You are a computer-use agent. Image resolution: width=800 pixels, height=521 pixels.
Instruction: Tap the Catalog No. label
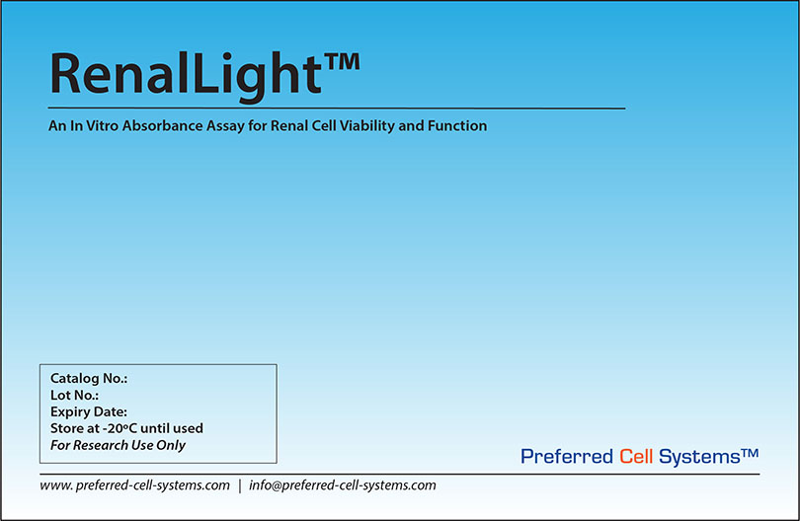89,378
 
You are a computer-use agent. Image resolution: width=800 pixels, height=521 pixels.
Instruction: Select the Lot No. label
74,395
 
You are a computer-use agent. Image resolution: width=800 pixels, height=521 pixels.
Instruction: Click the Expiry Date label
89,411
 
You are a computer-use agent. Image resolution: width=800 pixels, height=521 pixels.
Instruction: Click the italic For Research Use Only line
118,445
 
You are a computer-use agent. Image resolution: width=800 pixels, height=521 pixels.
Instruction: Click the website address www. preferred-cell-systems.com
135,485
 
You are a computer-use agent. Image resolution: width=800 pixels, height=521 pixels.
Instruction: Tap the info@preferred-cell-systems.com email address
343,485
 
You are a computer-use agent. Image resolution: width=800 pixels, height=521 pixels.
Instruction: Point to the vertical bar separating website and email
240,485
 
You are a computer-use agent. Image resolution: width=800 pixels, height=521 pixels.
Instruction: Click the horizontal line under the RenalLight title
336,106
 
